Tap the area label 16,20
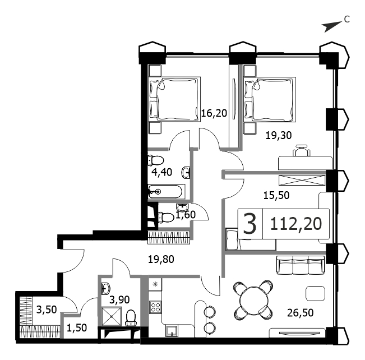214,113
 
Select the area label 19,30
279,135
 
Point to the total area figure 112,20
296,224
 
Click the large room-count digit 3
250,224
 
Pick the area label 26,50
301,313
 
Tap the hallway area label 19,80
161,259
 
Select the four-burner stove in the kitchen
155,307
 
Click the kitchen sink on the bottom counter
172,331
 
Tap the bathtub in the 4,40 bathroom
165,192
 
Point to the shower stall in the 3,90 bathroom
112,316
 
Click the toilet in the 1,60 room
166,218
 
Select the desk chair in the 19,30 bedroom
301,150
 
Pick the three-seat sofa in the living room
301,265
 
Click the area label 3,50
47,310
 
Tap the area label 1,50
77,328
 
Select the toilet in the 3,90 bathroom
131,318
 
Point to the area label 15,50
276,195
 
